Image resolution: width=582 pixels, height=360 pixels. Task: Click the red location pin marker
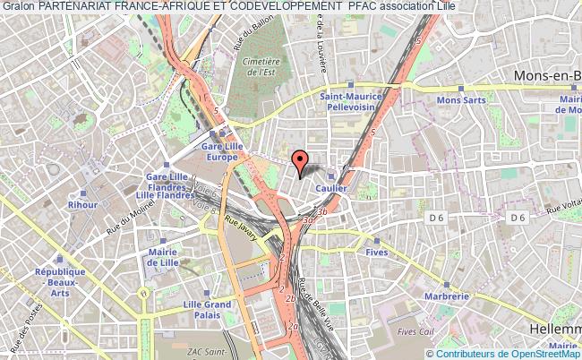[x=301, y=161]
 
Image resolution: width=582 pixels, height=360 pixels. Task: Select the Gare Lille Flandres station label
[x=159, y=184]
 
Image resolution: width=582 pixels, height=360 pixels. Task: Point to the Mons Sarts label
[x=460, y=99]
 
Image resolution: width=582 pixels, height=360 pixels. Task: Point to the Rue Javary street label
[x=240, y=230]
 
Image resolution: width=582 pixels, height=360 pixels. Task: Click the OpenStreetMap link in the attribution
[x=540, y=353]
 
